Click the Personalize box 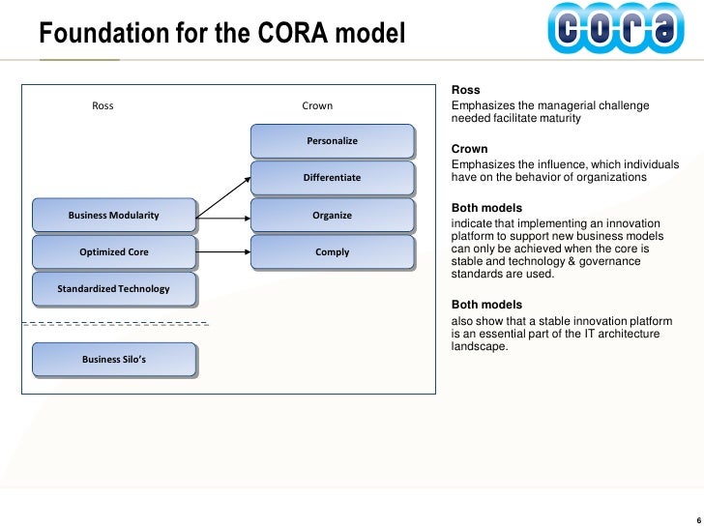coord(332,141)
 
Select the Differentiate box coord(332,178)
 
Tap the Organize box coord(332,215)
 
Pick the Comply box coord(332,251)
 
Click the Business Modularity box coord(113,215)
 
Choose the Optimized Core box coord(113,251)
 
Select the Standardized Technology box coord(113,288)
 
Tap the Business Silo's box coord(113,359)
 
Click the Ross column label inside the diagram coord(103,105)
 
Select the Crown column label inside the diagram coord(317,105)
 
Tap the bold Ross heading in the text coord(466,90)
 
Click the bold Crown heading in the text coord(469,149)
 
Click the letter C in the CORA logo coord(571,30)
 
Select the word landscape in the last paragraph coord(479,346)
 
